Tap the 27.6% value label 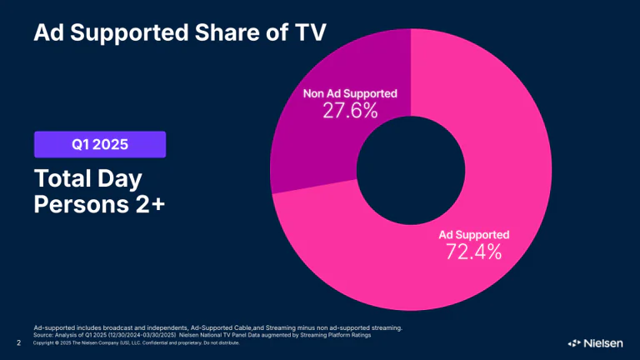351,109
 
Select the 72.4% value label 471,251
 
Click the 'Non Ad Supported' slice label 350,92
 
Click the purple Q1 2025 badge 100,144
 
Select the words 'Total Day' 88,179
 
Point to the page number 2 19,342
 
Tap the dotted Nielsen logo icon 574,342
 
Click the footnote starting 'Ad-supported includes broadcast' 217,327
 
